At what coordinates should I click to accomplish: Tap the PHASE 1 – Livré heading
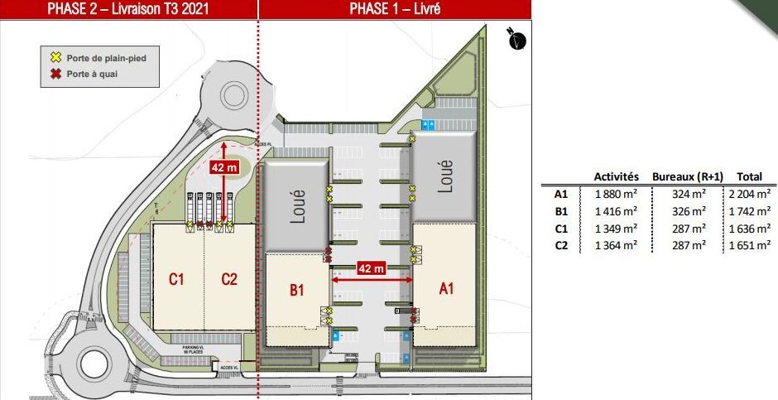pyautogui.click(x=394, y=9)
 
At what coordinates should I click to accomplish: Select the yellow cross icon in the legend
pyautogui.click(x=56, y=57)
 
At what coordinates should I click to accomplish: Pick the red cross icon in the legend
pyautogui.click(x=56, y=73)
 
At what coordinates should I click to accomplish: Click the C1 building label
pyautogui.click(x=176, y=279)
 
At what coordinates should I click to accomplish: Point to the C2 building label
pyautogui.click(x=229, y=279)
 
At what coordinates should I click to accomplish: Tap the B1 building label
pyautogui.click(x=296, y=291)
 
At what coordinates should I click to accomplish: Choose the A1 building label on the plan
pyautogui.click(x=446, y=288)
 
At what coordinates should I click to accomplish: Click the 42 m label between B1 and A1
pyautogui.click(x=371, y=268)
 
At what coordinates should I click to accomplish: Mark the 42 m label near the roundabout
pyautogui.click(x=223, y=167)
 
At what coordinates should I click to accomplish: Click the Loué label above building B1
pyautogui.click(x=299, y=206)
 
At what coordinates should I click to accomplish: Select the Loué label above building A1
pyautogui.click(x=445, y=176)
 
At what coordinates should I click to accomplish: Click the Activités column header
pyautogui.click(x=617, y=176)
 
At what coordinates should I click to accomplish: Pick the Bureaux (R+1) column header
pyautogui.click(x=688, y=176)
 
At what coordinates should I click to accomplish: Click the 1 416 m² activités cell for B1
pyautogui.click(x=617, y=211)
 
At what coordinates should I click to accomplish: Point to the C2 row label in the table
pyautogui.click(x=561, y=245)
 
